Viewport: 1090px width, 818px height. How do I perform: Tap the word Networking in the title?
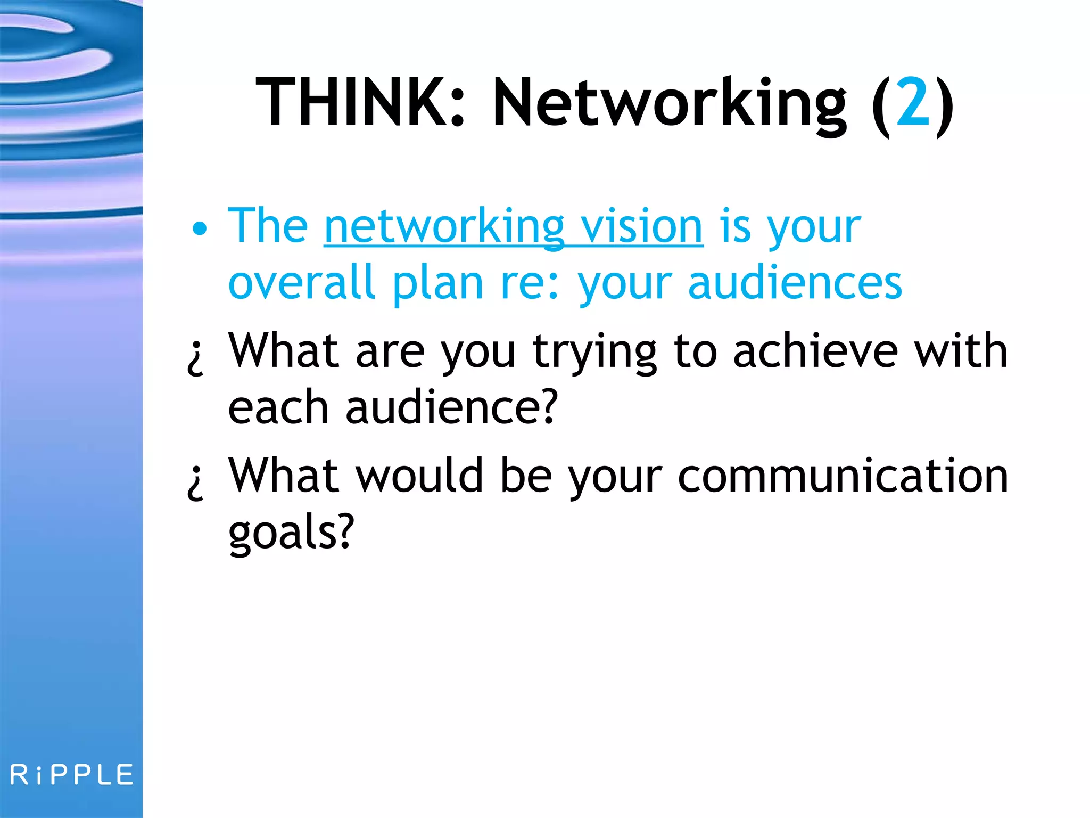pos(669,104)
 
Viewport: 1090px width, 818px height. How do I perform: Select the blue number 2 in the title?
pos(913,102)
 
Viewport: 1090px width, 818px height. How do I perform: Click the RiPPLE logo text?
pos(72,775)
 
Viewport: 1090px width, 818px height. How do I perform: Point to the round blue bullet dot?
pos(200,229)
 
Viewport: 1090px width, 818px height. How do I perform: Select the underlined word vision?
pos(641,226)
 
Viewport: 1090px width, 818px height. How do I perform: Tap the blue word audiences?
pos(795,283)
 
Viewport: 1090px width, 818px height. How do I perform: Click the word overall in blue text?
pos(301,283)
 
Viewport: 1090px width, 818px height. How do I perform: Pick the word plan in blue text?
pos(437,285)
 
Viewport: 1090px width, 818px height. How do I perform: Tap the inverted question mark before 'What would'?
pos(196,482)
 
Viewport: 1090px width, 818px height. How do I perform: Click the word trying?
pos(595,353)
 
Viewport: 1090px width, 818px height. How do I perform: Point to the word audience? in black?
pos(451,407)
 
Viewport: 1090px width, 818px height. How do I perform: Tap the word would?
pos(419,476)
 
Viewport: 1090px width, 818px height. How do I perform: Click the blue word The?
pos(268,226)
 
